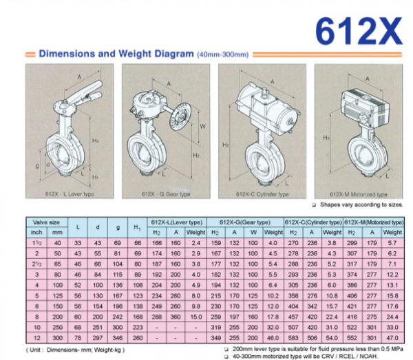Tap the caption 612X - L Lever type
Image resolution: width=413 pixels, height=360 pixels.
[71, 195]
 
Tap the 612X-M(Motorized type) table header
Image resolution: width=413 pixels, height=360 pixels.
[373, 222]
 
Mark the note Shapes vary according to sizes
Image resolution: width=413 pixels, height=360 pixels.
[357, 206]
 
